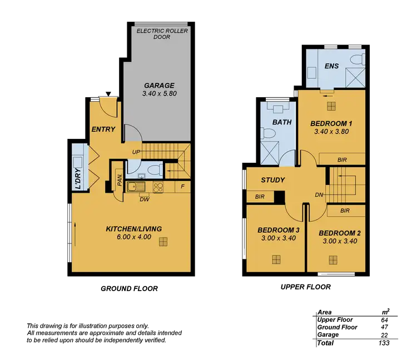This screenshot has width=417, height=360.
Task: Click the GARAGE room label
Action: point(159,86)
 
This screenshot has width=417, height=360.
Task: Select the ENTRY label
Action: point(103,129)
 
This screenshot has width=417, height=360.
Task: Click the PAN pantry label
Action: point(120,181)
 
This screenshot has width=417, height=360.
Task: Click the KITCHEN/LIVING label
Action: point(133,228)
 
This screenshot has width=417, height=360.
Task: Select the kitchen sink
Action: point(133,187)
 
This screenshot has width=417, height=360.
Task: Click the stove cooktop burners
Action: point(157,187)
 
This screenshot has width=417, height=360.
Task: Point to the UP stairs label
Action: point(136,152)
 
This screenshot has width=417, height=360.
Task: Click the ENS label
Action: point(331,66)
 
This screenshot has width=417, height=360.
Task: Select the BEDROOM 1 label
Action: point(331,123)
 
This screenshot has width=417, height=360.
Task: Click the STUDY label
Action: point(272,180)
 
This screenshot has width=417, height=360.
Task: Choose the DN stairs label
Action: point(319,195)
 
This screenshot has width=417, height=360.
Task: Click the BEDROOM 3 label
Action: point(279,231)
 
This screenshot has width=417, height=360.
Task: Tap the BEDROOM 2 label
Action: point(340,233)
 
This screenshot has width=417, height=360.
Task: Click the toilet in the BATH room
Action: point(268,133)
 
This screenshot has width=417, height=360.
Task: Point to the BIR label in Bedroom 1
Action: point(342,159)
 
